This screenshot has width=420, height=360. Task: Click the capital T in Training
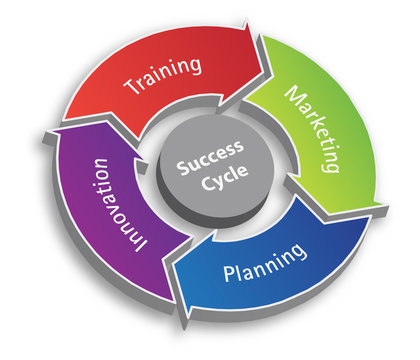click(x=130, y=85)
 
